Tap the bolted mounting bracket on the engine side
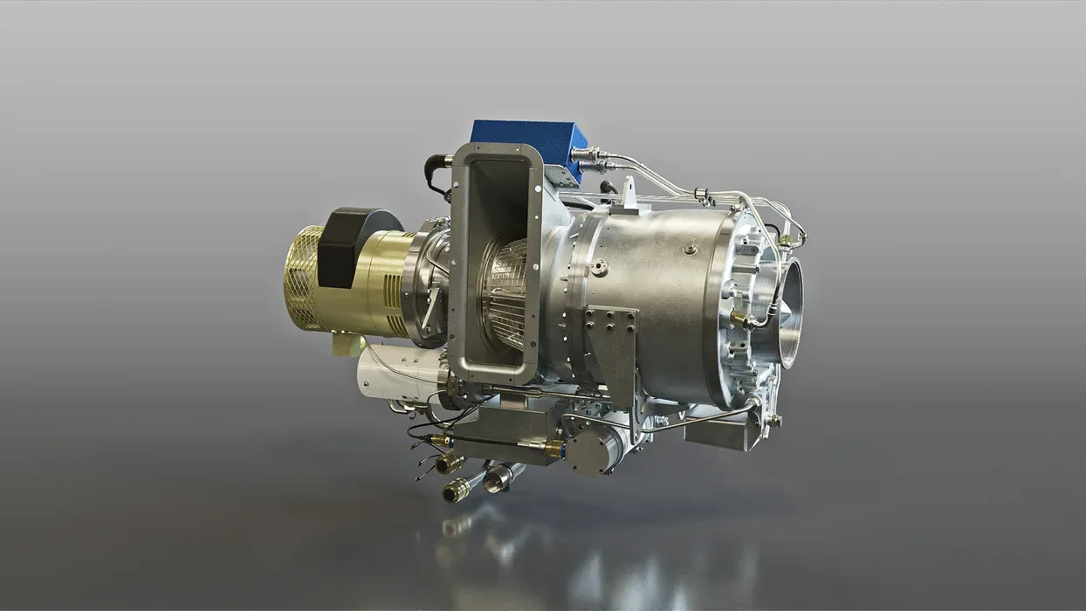(x=611, y=345)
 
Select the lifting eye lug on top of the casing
(x=629, y=193)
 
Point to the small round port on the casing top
(x=690, y=249)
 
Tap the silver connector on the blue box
(x=583, y=154)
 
